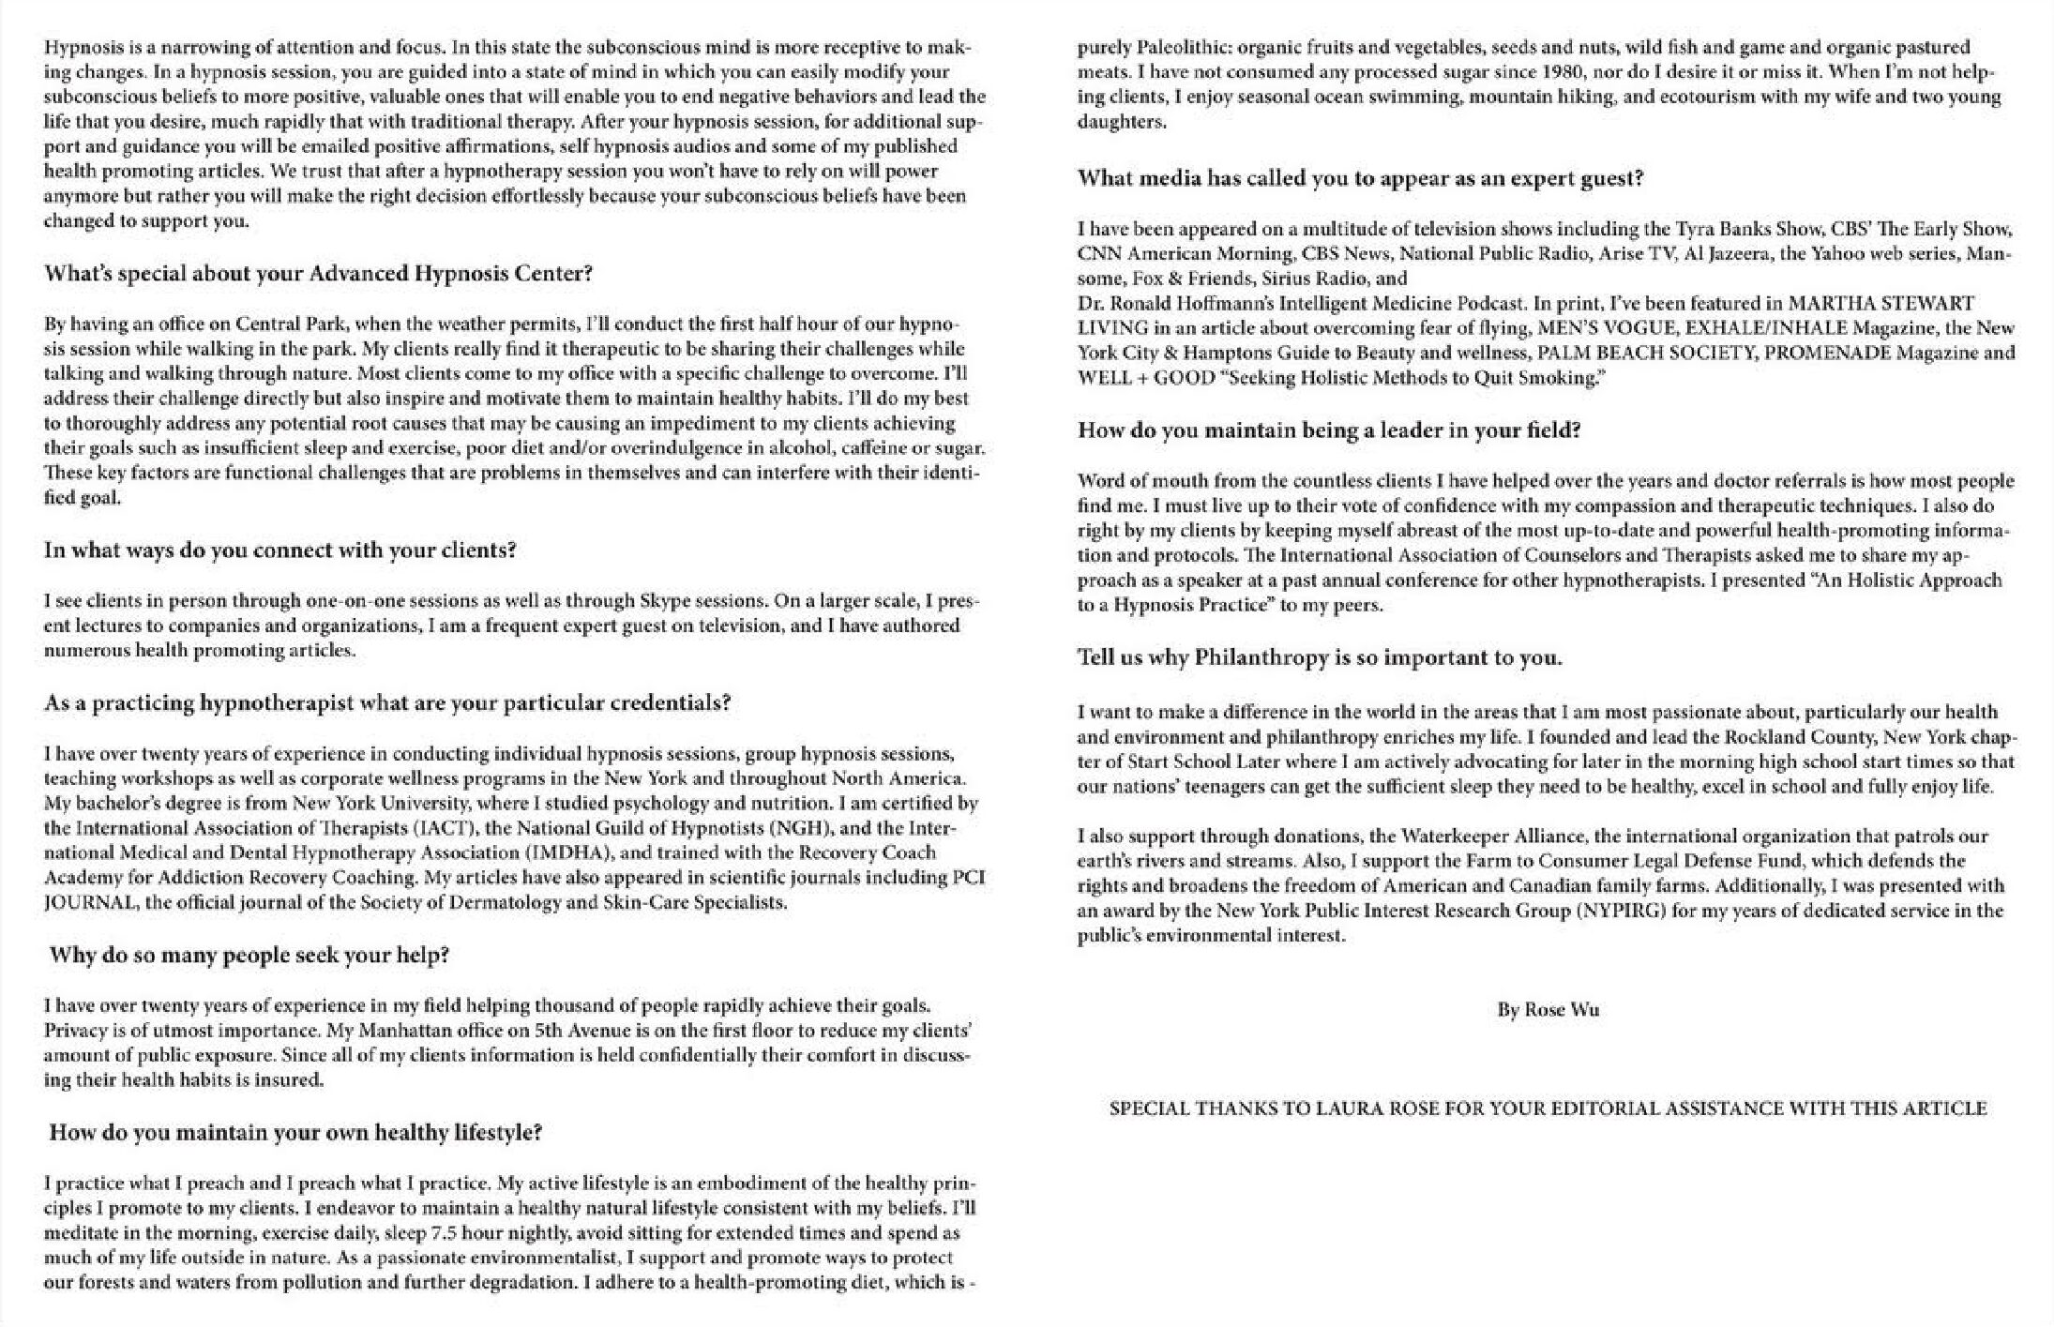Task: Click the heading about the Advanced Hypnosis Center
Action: (x=318, y=274)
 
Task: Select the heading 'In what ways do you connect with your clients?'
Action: (x=280, y=550)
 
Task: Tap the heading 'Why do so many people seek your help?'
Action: (x=249, y=956)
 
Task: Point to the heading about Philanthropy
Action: (x=1320, y=657)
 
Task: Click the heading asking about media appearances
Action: (x=1360, y=178)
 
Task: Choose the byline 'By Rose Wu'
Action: (x=1548, y=1010)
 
